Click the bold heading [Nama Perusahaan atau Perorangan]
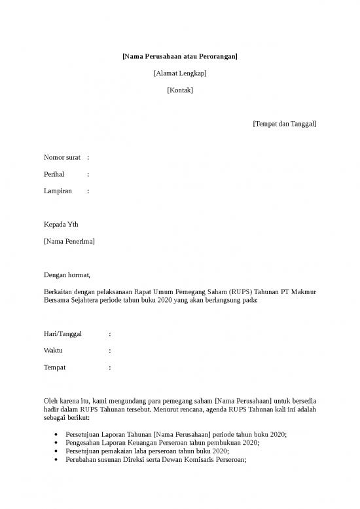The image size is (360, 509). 180,57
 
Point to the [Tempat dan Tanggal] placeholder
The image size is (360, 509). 284,123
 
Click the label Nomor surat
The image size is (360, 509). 62,158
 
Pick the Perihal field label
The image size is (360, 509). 54,175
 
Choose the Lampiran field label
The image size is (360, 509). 58,191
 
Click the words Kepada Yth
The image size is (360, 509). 60,225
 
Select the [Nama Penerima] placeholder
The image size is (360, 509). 69,242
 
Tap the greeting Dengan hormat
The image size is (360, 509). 67,274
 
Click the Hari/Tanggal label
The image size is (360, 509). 62,334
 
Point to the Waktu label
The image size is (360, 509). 53,351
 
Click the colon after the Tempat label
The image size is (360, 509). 110,368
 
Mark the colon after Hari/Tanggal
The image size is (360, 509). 110,334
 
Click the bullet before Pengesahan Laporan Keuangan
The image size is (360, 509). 59,443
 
